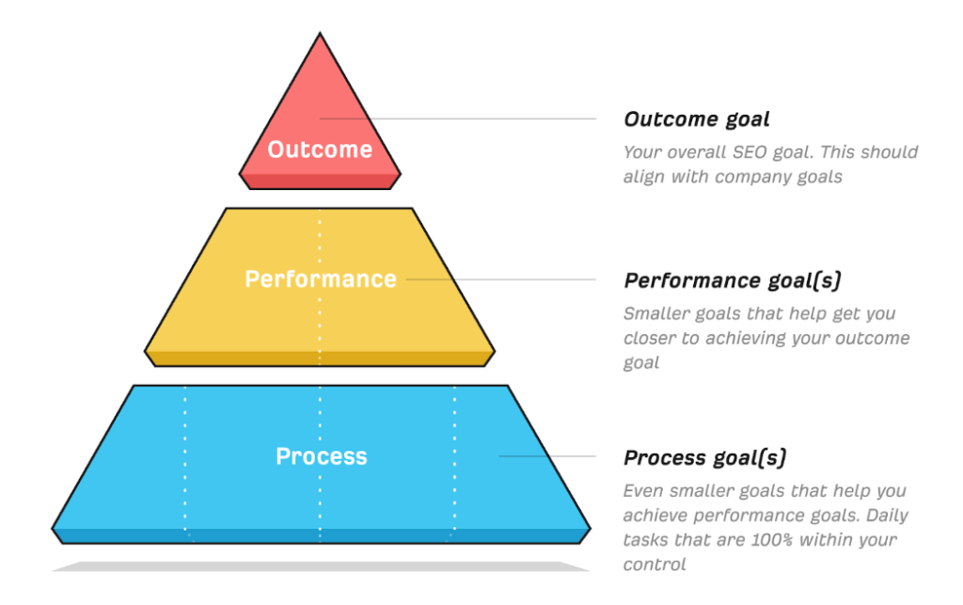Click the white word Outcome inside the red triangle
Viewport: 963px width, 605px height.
(320, 150)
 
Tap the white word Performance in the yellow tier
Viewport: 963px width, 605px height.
(321, 279)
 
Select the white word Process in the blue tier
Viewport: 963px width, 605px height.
(322, 456)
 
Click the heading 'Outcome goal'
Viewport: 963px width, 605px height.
(697, 119)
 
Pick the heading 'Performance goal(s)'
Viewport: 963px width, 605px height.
(732, 280)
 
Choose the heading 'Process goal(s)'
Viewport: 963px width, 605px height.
(705, 458)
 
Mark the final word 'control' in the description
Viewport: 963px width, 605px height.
(655, 565)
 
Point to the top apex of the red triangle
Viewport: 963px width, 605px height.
(320, 33)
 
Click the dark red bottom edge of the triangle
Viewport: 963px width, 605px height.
(320, 182)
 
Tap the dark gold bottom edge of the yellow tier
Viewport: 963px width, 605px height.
(320, 358)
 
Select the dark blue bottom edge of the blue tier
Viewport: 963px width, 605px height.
(321, 536)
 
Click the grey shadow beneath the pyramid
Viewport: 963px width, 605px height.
(321, 566)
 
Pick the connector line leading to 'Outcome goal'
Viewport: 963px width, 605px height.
(458, 119)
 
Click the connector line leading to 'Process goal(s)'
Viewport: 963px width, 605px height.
(547, 456)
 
